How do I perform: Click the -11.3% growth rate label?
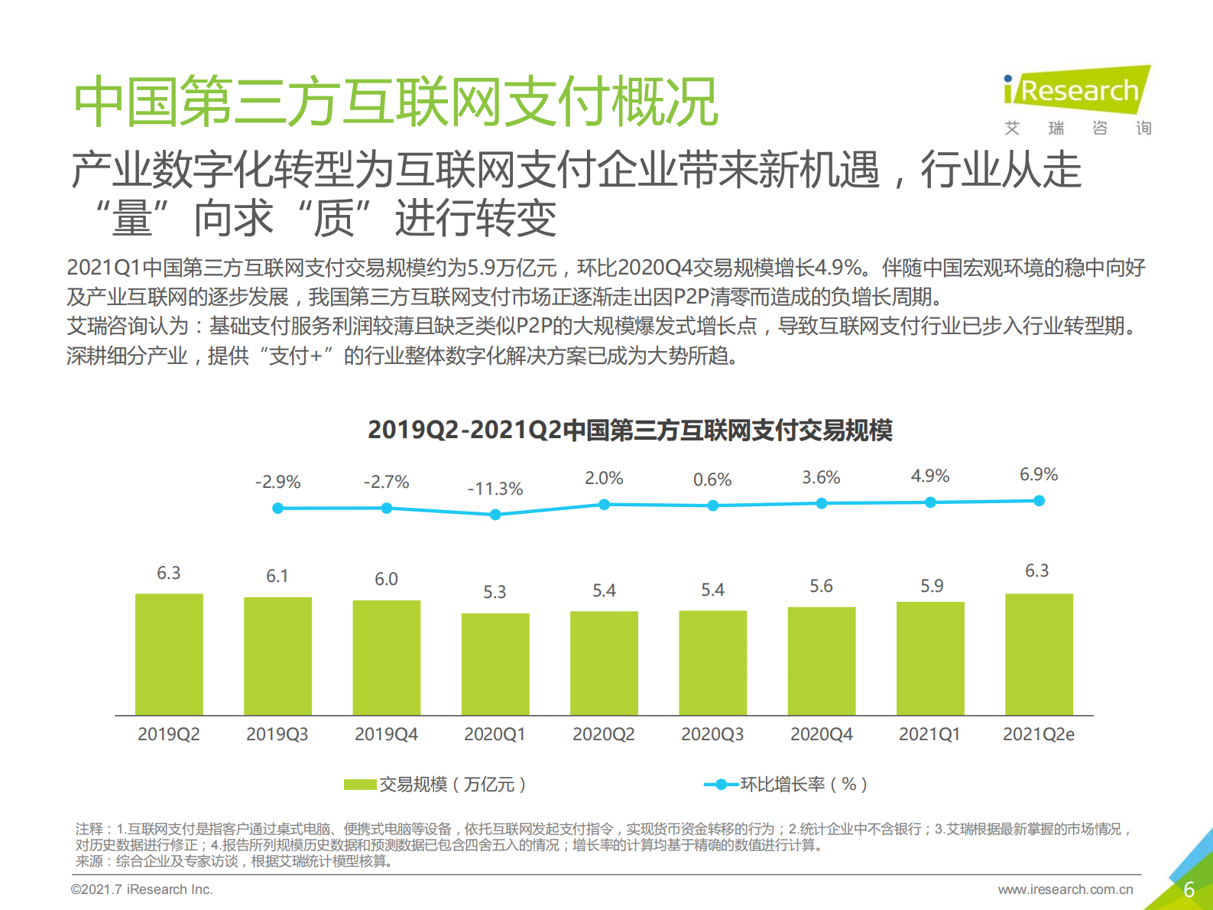pos(495,489)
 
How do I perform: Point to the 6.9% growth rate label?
pos(1039,474)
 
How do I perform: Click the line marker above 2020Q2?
pos(604,505)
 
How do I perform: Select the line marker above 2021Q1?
pos(930,502)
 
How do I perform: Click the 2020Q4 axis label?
pos(821,734)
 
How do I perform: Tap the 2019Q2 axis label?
pos(168,734)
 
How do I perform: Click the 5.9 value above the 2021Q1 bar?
pos(931,586)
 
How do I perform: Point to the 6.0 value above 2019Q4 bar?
pos(386,579)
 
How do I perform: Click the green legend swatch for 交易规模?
pos(359,785)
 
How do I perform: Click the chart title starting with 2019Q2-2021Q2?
pos(630,430)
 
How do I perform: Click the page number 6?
pos(1189,889)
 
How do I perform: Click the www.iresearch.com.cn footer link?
pos(1065,889)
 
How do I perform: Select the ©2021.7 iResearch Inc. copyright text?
pos(141,889)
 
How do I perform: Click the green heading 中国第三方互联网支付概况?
pos(395,101)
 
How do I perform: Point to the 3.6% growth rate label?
pos(821,477)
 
